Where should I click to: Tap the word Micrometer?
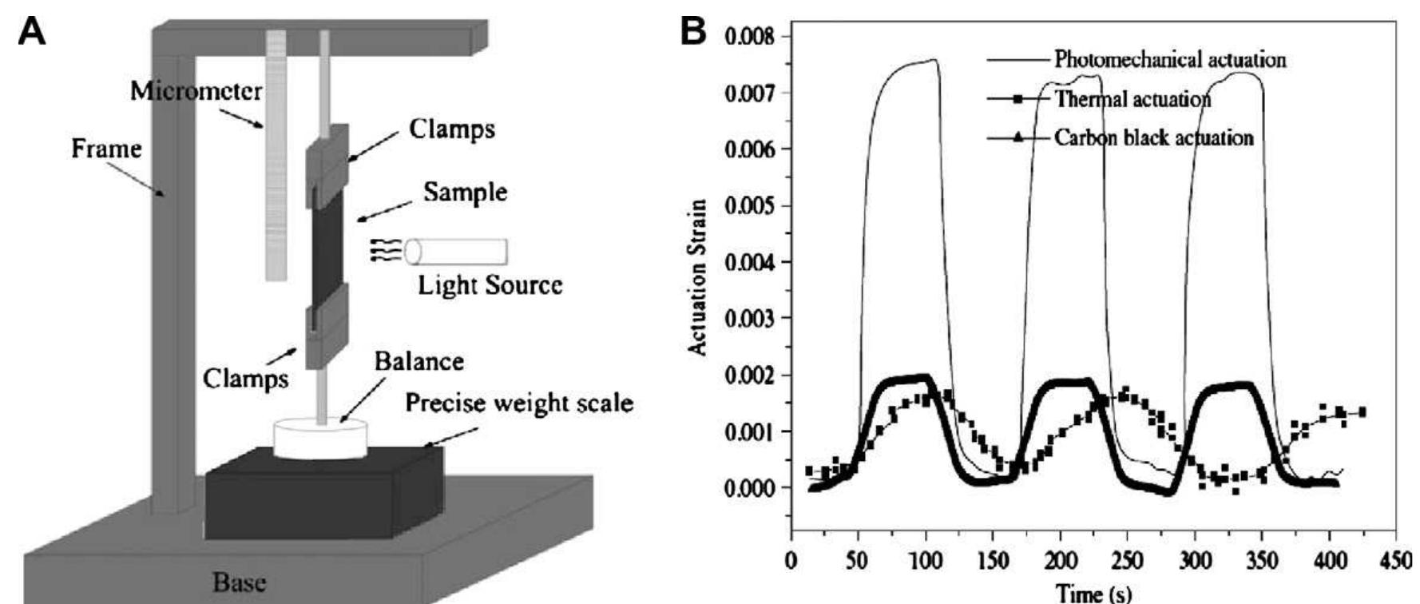click(x=196, y=91)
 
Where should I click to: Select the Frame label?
click(x=106, y=149)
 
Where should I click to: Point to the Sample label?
click(x=465, y=192)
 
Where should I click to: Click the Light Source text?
click(x=490, y=284)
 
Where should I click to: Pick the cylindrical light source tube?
click(x=455, y=251)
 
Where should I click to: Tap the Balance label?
click(x=419, y=361)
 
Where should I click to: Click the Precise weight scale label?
click(x=519, y=403)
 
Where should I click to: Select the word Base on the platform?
click(x=239, y=582)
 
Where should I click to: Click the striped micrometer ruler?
click(x=276, y=155)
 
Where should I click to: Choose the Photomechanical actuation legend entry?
click(x=1170, y=59)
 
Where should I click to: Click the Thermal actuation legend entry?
click(x=1132, y=99)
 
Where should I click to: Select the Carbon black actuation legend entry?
click(x=1154, y=137)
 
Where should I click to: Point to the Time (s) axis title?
click(x=1093, y=592)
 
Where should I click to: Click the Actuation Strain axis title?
click(x=698, y=277)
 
